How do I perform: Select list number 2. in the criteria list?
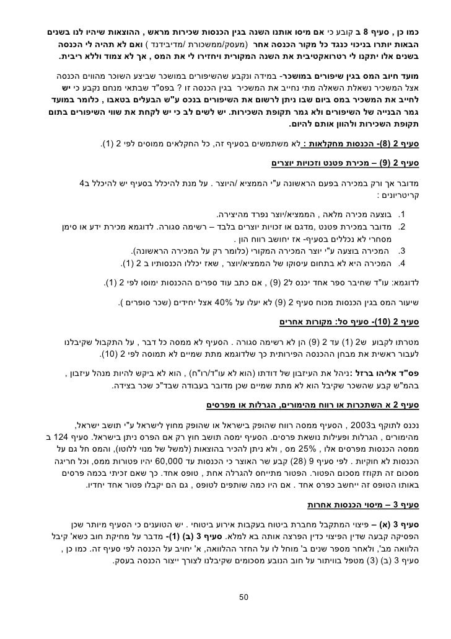(x=401, y=227)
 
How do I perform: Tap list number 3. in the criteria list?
(x=401, y=251)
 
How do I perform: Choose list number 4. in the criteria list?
(x=401, y=263)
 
